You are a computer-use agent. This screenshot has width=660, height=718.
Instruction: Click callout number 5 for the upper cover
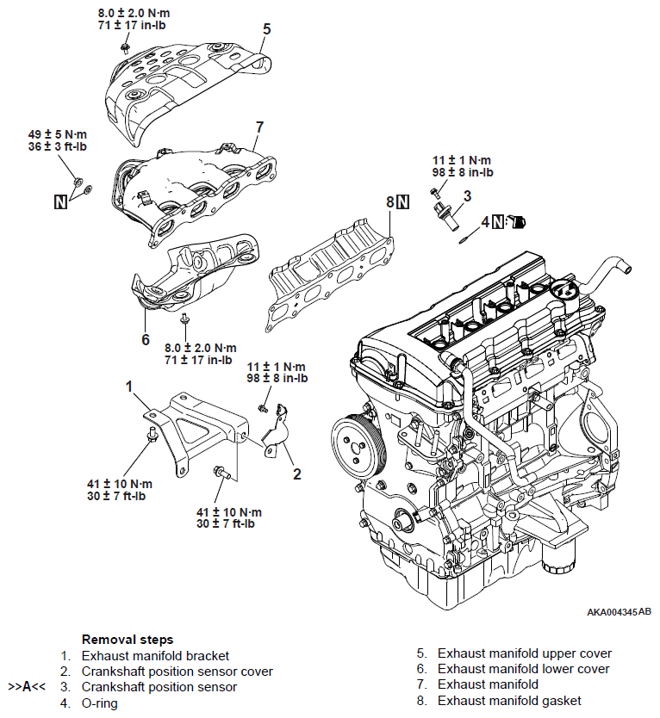pyautogui.click(x=267, y=29)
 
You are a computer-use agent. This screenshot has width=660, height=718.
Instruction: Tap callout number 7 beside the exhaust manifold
pyautogui.click(x=260, y=127)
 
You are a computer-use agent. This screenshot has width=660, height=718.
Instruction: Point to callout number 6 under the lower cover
pyautogui.click(x=146, y=339)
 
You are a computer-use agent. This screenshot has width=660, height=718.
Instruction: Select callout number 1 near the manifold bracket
pyautogui.click(x=129, y=387)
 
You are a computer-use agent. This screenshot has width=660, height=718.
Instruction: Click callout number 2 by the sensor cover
pyautogui.click(x=297, y=474)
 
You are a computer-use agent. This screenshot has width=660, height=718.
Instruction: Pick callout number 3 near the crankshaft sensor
pyautogui.click(x=467, y=196)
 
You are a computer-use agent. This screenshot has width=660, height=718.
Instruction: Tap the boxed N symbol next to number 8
pyautogui.click(x=402, y=202)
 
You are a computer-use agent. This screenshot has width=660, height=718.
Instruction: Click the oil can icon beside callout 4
pyautogui.click(x=518, y=222)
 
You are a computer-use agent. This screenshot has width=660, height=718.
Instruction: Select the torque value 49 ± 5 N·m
pyautogui.click(x=58, y=134)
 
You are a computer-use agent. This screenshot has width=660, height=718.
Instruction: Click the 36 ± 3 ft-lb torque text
pyautogui.click(x=58, y=146)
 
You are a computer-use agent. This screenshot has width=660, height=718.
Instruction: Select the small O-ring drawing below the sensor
pyautogui.click(x=463, y=241)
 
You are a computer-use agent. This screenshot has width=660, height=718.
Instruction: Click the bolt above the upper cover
pyautogui.click(x=124, y=48)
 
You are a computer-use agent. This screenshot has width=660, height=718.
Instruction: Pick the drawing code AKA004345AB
pyautogui.click(x=619, y=612)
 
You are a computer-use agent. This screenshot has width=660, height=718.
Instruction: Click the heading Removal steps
pyautogui.click(x=128, y=640)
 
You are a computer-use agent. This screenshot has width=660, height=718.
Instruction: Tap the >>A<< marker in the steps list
pyautogui.click(x=27, y=687)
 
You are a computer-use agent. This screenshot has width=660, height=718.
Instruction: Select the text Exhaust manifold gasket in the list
pyautogui.click(x=509, y=701)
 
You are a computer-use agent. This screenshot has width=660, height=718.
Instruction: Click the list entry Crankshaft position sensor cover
pyautogui.click(x=177, y=672)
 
